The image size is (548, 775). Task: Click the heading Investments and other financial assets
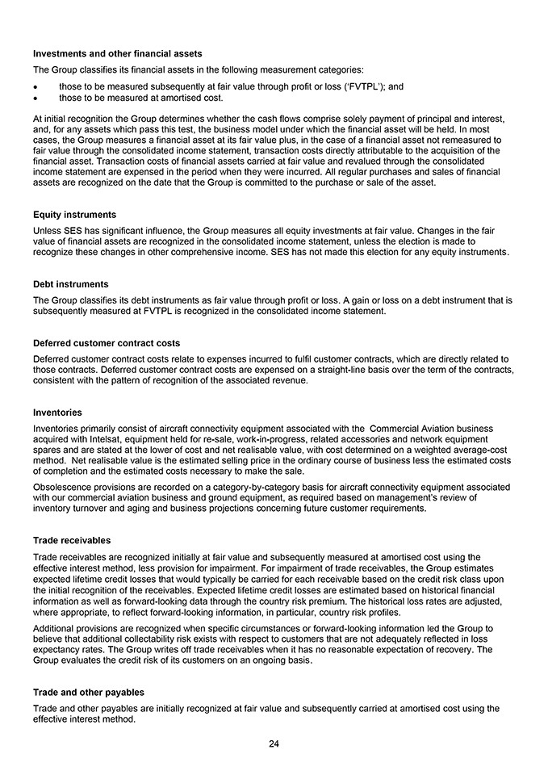[x=118, y=53]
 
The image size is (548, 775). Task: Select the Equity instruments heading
[x=75, y=215]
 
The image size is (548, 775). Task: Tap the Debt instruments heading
[x=71, y=284]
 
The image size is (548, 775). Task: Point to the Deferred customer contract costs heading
[x=107, y=343]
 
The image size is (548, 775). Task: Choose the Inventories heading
[x=57, y=413]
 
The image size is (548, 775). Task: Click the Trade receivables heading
[x=72, y=540]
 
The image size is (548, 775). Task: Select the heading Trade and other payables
[x=90, y=692]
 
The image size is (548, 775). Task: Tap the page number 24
[x=274, y=744]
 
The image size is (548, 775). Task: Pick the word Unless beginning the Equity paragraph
[x=48, y=230]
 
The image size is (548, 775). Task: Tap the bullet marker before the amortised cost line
[x=36, y=98]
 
